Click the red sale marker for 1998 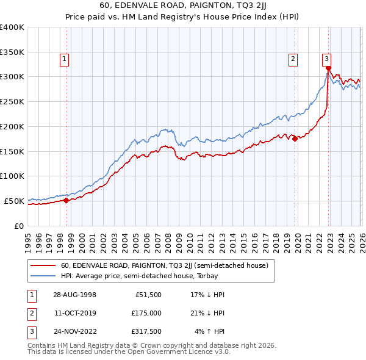pyautogui.click(x=66, y=200)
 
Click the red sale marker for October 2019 pyautogui.click(x=295, y=139)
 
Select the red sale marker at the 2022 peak pyautogui.click(x=328, y=68)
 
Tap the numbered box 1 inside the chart pyautogui.click(x=64, y=59)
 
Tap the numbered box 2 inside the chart pyautogui.click(x=293, y=59)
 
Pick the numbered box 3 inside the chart pyautogui.click(x=326, y=59)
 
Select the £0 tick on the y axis pyautogui.click(x=18, y=226)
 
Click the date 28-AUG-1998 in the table pyautogui.click(x=74, y=294)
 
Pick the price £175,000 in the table pyautogui.click(x=147, y=313)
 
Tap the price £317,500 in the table pyautogui.click(x=147, y=332)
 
